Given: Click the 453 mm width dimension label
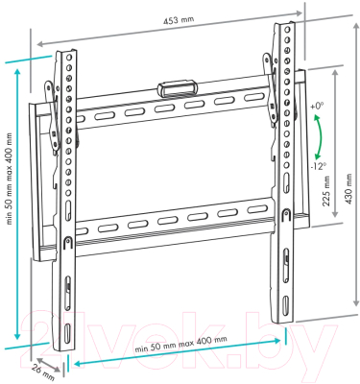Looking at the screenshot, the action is (179, 20).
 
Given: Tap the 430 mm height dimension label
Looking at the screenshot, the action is (348, 189).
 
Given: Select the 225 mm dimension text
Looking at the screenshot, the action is (326, 191).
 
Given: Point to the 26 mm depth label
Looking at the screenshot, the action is (42, 372).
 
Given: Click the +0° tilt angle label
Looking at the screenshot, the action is (317, 107).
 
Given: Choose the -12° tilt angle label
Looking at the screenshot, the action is (318, 166).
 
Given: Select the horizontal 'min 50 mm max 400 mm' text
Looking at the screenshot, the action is (181, 344).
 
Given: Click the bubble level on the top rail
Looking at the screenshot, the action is (177, 87).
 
